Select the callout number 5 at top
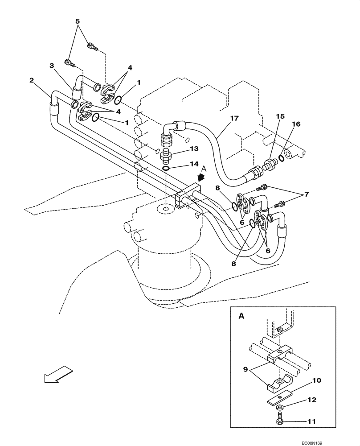77,21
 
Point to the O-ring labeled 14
166,168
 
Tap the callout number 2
32,80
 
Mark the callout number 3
52,66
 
